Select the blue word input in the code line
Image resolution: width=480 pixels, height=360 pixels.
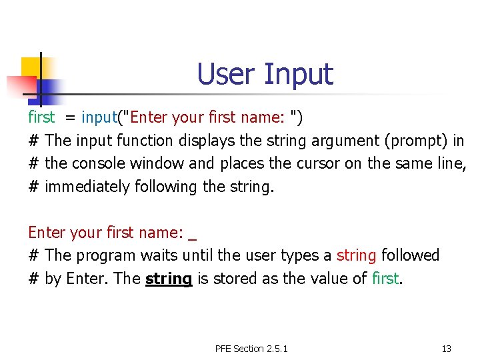tap(99, 118)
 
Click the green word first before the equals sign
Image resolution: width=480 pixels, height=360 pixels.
tap(41, 118)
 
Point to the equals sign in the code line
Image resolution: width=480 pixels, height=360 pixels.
tap(69, 119)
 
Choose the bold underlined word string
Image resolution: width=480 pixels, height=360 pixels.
tap(168, 279)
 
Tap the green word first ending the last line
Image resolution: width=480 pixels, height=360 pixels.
tap(385, 278)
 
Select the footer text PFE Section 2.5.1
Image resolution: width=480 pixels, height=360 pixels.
tap(251, 349)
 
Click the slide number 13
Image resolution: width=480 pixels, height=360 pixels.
tap(446, 349)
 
